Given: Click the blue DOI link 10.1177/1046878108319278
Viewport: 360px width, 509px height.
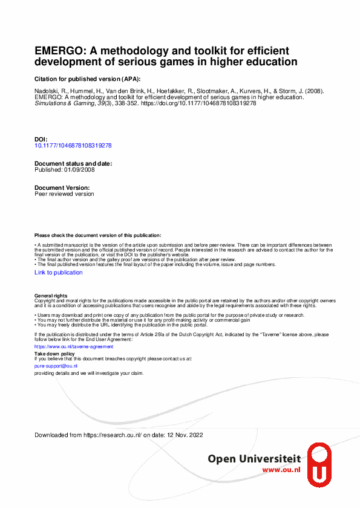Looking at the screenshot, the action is [73, 146].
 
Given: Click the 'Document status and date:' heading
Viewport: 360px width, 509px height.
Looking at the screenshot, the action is [73, 164].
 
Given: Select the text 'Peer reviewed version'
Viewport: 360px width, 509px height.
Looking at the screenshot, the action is [64, 194].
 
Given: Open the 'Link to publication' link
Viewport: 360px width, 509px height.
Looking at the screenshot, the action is [59, 273].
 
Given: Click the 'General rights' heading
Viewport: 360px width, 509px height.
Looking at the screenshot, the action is [51, 296].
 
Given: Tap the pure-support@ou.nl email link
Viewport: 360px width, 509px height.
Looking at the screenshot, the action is [56, 366].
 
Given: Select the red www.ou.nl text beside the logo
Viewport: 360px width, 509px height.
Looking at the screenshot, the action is [281, 470].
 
